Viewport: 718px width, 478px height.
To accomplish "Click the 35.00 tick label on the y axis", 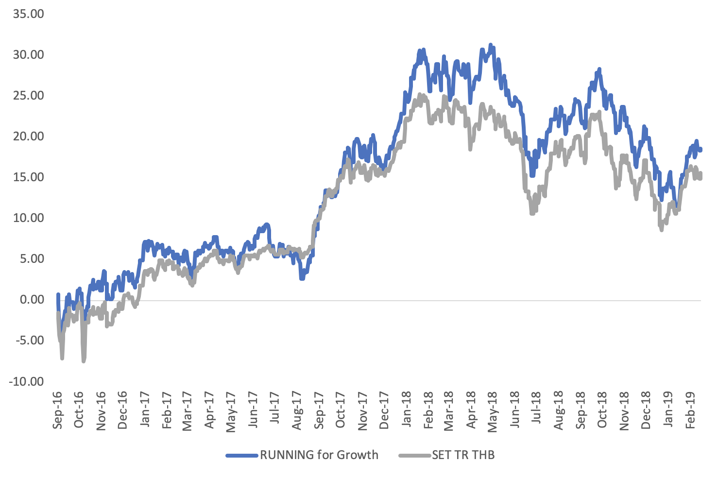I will tap(29, 14).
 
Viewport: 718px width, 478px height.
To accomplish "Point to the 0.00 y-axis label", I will tap(32, 300).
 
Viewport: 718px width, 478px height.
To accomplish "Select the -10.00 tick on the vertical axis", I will tap(26, 381).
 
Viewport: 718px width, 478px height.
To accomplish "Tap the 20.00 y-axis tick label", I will tap(29, 136).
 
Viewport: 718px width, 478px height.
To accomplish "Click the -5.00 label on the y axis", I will tap(29, 341).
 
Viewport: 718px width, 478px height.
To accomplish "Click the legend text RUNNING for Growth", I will tap(319, 455).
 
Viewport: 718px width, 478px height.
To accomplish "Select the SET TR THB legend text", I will tap(463, 455).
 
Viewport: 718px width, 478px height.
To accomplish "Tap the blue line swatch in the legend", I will tap(242, 455).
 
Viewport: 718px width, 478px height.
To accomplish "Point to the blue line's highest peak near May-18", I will tap(491, 45).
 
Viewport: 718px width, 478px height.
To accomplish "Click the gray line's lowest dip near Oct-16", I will tap(84, 360).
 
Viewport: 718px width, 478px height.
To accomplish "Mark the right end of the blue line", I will tap(701, 150).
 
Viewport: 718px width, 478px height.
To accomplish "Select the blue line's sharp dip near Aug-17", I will tap(302, 278).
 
